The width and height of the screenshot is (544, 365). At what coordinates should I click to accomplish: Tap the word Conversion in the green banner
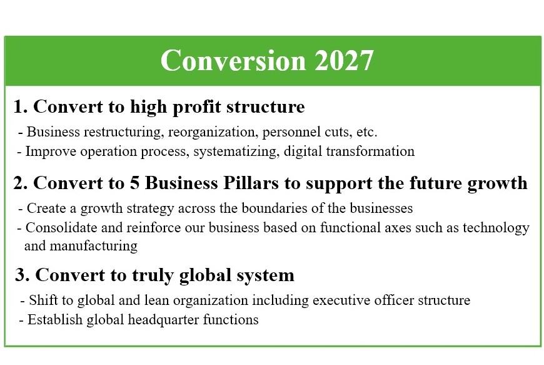[233, 61]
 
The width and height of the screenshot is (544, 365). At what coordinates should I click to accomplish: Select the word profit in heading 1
[197, 107]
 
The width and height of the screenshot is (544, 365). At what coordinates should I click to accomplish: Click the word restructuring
[123, 133]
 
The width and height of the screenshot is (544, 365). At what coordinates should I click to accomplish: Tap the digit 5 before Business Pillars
[134, 183]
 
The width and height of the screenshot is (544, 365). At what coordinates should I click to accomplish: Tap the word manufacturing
[94, 247]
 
